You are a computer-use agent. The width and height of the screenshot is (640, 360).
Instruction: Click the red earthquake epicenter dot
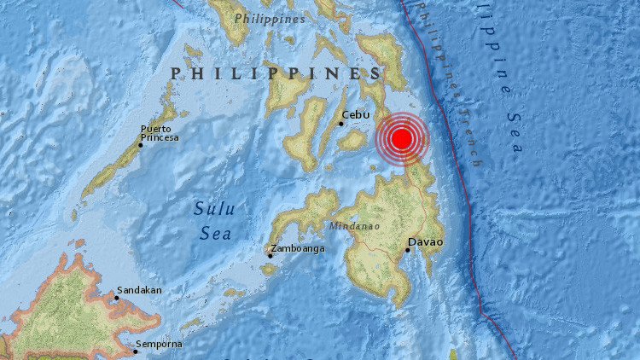click(403, 139)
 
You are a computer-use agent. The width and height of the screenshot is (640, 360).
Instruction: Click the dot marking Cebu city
click(340, 124)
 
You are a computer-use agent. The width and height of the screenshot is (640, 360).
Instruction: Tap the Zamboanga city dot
click(270, 255)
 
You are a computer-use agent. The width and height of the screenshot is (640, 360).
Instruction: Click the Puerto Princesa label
click(160, 133)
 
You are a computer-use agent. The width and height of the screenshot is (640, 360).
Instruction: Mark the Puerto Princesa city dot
click(141, 145)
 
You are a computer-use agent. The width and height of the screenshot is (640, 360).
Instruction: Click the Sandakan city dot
click(117, 298)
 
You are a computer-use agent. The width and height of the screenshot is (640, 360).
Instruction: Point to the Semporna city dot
click(135, 349)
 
